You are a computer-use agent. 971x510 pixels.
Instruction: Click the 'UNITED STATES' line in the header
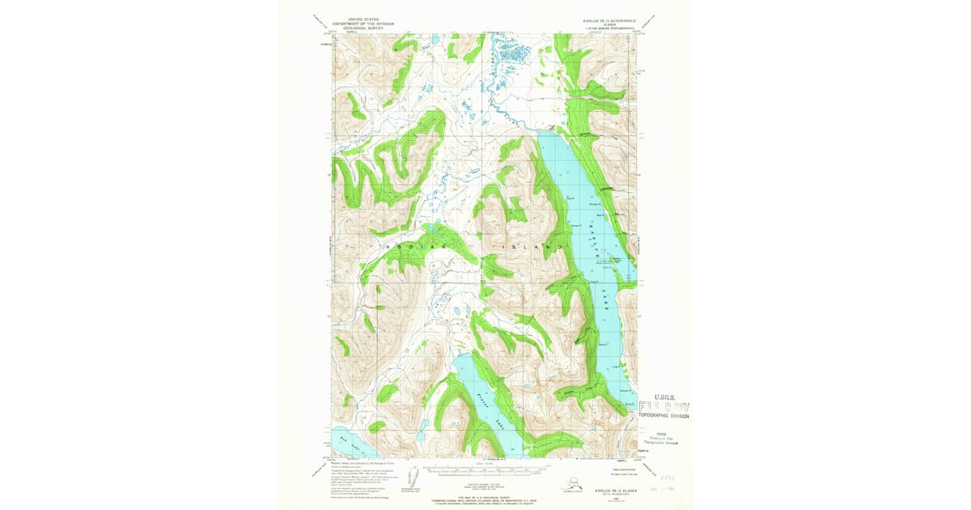[x=363, y=19]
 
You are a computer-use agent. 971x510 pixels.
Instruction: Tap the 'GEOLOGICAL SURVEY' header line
[x=363, y=28]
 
